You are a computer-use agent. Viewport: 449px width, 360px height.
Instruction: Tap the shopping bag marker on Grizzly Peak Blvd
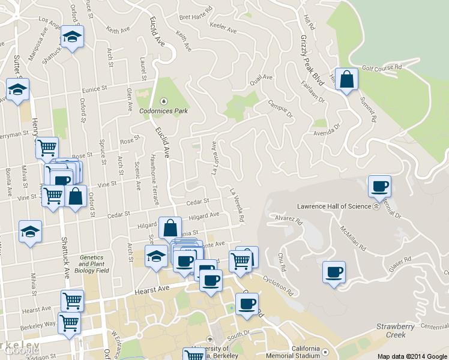pyautogui.click(x=346, y=79)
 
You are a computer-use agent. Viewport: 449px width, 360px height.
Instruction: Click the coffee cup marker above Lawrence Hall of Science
pyautogui.click(x=379, y=187)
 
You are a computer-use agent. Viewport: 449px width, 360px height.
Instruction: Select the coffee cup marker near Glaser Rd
pyautogui.click(x=334, y=272)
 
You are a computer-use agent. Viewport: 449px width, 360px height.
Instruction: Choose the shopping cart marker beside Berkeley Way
pyautogui.click(x=70, y=323)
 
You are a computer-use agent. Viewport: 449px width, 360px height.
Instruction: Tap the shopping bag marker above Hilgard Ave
pyautogui.click(x=170, y=228)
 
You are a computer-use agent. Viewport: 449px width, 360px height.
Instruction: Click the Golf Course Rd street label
pyautogui.click(x=381, y=68)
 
